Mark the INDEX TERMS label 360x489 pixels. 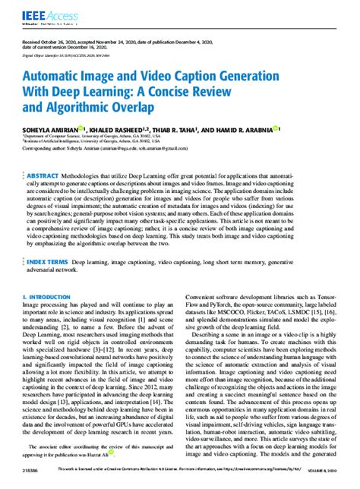(52, 261)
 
